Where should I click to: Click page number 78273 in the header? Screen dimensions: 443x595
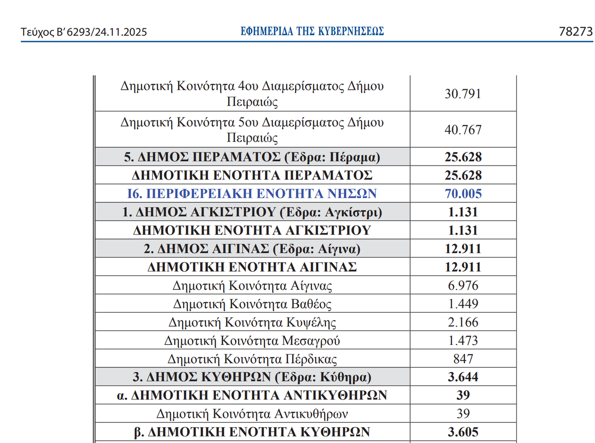point(576,32)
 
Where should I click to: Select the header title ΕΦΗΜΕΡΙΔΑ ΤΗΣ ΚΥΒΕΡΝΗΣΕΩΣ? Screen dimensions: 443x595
point(312,32)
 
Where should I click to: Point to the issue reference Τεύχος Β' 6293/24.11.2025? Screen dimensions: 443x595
point(84,33)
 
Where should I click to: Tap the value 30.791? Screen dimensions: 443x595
point(463,94)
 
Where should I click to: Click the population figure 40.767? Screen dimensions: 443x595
point(463,130)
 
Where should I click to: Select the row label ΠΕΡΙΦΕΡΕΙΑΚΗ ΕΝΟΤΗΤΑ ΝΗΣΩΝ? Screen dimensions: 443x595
point(252,193)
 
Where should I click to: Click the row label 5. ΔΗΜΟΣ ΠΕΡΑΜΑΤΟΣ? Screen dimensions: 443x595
point(252,158)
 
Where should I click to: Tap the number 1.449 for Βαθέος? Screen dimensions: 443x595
point(463,304)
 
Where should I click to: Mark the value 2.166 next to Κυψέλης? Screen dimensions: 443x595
point(463,322)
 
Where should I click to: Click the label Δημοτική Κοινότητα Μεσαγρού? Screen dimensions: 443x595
point(252,340)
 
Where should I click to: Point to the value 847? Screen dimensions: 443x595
point(463,359)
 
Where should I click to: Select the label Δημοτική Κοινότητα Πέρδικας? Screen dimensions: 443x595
point(252,359)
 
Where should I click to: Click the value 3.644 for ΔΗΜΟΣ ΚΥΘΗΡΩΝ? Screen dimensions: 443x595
point(463,377)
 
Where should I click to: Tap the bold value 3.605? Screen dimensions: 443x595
point(463,432)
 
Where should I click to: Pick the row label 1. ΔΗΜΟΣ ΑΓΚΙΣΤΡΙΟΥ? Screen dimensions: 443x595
point(252,212)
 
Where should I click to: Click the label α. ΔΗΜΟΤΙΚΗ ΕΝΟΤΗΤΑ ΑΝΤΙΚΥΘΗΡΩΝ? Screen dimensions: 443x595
point(252,395)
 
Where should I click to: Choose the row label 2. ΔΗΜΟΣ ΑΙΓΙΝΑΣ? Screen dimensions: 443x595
point(252,248)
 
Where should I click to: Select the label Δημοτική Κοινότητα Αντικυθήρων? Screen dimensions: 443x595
point(252,413)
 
